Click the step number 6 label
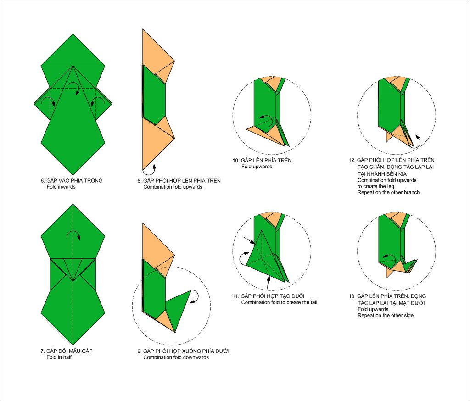point(42,181)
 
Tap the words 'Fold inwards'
point(61,187)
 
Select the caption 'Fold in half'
point(59,357)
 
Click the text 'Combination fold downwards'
point(176,357)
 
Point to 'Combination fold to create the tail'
point(279,302)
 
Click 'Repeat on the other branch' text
point(388,192)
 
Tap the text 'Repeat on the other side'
point(386,315)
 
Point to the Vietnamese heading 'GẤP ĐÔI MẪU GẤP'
point(70,351)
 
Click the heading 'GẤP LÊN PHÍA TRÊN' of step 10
point(266,160)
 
